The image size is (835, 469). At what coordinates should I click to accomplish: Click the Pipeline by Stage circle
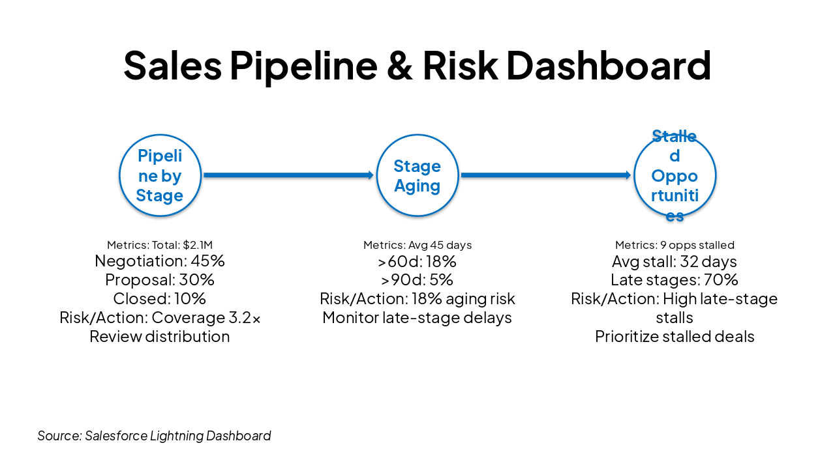(160, 175)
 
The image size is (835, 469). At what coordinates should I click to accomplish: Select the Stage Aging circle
(417, 175)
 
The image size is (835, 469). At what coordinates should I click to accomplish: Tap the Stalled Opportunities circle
(675, 175)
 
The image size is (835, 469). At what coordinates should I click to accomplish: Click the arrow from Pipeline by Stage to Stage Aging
(288, 175)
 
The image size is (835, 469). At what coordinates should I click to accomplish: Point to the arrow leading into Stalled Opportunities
(545, 175)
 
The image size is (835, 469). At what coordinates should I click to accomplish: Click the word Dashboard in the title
(608, 65)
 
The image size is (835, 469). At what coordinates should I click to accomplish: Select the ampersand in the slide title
(400, 65)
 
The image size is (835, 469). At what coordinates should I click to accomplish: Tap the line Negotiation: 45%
(160, 261)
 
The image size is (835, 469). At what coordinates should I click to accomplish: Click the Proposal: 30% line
(160, 280)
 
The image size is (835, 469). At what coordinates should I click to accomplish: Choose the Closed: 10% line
(160, 299)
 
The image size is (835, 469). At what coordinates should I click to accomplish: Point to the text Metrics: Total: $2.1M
(160, 245)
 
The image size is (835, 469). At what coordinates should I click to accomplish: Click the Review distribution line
(160, 337)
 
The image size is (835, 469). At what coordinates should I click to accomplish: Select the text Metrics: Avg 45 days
(417, 245)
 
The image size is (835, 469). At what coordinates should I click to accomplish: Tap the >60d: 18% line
(417, 261)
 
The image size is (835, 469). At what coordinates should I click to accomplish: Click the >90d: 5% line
(417, 280)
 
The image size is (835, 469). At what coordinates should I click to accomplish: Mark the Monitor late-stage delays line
(417, 318)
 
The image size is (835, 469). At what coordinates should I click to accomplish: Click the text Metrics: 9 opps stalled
(675, 245)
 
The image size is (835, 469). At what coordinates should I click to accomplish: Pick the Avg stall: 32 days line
(675, 261)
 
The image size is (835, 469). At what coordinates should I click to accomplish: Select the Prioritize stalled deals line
(675, 337)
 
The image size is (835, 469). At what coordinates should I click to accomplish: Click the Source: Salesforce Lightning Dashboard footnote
(154, 436)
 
